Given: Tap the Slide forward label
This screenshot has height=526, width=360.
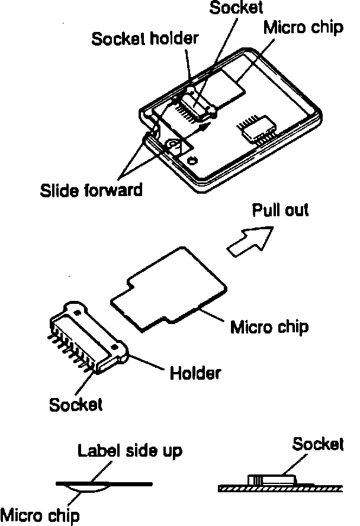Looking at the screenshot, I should (x=91, y=190).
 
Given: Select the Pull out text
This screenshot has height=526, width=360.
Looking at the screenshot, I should (x=280, y=210).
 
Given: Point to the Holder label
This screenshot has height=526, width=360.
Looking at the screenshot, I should (x=195, y=373).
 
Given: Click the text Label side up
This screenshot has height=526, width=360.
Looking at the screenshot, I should (x=130, y=450).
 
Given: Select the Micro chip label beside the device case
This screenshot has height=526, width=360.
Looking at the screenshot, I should (x=303, y=28).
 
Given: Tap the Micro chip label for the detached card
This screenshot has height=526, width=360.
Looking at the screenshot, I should (x=269, y=326).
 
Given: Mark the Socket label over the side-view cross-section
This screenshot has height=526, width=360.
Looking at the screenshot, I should (x=318, y=444).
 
